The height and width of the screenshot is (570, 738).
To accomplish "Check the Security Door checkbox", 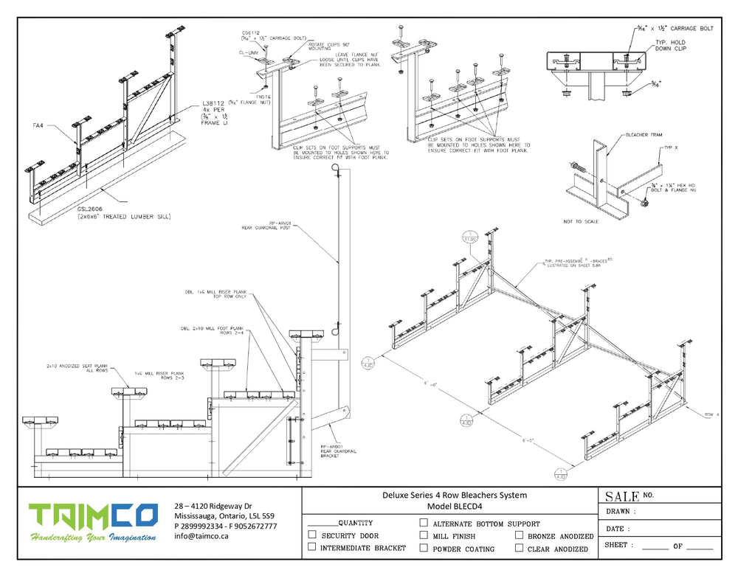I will click(x=312, y=535).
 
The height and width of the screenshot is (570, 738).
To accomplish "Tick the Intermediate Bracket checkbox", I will click(x=312, y=547).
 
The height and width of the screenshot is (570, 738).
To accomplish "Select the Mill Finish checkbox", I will click(x=424, y=535).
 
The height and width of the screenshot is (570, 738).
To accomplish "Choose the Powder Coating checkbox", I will click(x=424, y=548).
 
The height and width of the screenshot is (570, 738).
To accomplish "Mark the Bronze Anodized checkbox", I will click(x=520, y=535).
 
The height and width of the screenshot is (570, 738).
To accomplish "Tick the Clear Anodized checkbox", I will click(x=520, y=548).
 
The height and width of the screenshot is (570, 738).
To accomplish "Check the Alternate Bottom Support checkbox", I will click(x=424, y=523).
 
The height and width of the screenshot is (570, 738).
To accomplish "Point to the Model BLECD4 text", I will click(x=454, y=507).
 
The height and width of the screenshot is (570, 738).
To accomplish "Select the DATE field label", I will click(x=618, y=529).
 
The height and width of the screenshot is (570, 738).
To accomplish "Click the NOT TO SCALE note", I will click(x=583, y=220).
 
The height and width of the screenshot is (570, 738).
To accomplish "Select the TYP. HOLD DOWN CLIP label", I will click(x=677, y=47).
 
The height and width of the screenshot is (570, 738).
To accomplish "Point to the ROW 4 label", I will click(x=711, y=414).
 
